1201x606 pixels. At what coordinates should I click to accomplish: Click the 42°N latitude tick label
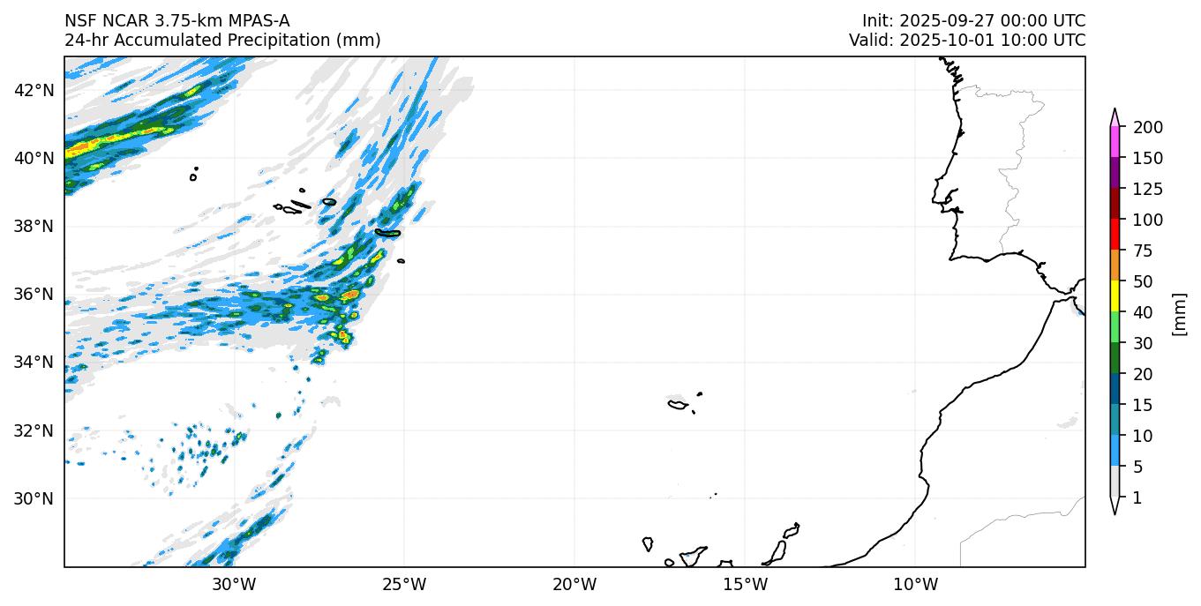(36, 90)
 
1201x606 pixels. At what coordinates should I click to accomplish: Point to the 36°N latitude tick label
(36, 294)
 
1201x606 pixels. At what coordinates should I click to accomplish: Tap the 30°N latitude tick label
(36, 498)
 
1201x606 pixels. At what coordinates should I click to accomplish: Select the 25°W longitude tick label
(404, 584)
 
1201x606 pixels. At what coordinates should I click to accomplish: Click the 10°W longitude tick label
(915, 584)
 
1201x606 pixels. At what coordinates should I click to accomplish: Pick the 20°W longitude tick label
(574, 584)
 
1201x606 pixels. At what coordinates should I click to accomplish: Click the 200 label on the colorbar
(1147, 128)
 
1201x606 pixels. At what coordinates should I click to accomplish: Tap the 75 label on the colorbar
(1144, 251)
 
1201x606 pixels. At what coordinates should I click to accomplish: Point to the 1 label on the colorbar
(1137, 498)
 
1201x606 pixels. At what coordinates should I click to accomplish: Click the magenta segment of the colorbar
(1115, 143)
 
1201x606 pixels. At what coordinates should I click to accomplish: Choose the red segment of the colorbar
(1115, 236)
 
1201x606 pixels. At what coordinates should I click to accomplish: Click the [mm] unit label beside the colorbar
(1179, 313)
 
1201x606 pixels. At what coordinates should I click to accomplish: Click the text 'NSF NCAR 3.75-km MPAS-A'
(176, 21)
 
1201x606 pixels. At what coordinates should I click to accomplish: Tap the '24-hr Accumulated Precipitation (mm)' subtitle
(222, 41)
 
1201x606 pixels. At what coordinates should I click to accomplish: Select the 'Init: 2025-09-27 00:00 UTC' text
(973, 21)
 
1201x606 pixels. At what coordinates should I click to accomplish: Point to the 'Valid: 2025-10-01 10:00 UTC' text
(967, 41)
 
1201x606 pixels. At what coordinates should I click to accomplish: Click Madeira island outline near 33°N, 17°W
(678, 405)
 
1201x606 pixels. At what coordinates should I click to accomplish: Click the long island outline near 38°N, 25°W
(387, 233)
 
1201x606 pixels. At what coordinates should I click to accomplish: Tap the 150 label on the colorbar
(1147, 159)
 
